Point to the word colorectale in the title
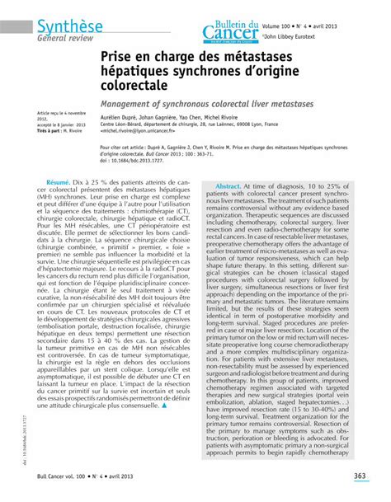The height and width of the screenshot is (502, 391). [x=133, y=85]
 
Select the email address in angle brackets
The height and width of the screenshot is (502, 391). [x=148, y=130]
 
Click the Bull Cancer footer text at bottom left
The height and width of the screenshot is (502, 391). [x=59, y=476]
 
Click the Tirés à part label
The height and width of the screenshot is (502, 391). [x=51, y=129]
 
